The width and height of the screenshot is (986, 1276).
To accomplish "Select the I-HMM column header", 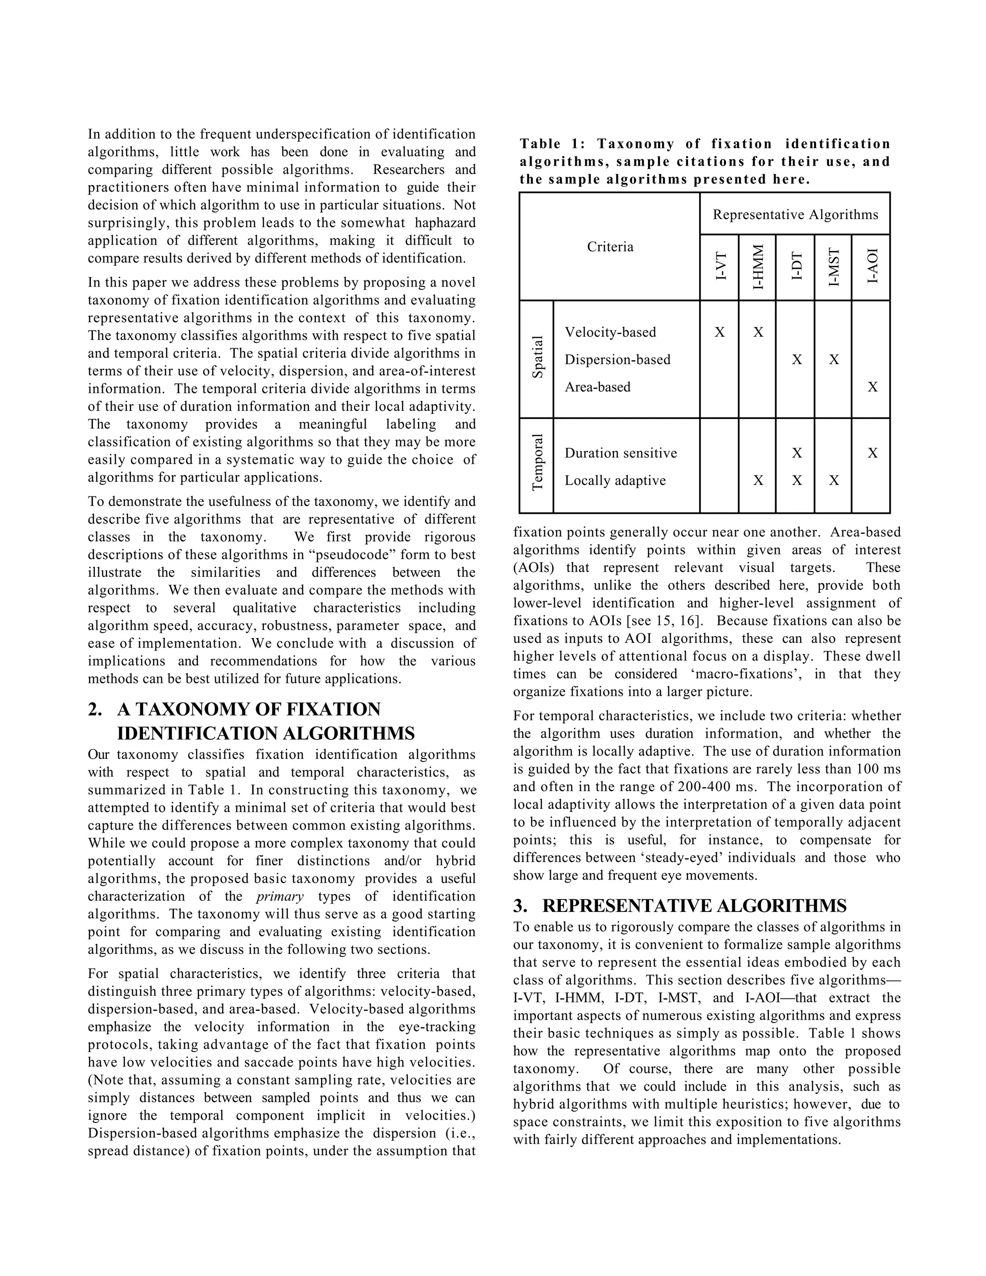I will click(758, 268).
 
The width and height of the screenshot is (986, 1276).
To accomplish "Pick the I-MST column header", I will click(833, 268).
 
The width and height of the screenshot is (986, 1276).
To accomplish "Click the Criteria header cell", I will click(610, 247).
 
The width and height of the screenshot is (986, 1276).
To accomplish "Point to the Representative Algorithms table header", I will click(795, 214).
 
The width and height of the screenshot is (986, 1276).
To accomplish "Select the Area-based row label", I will click(597, 387).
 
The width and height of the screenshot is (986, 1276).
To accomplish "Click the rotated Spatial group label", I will click(537, 358).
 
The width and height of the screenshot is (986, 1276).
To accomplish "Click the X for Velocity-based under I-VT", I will click(720, 332).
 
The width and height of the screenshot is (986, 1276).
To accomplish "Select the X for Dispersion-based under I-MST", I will click(833, 359).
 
